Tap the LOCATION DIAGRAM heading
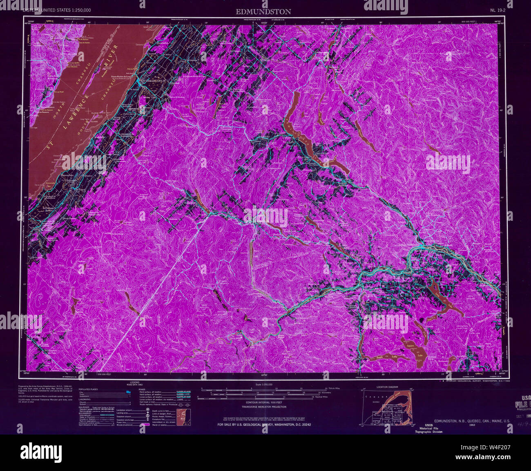pos(387,387)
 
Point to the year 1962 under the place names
pos(472,425)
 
